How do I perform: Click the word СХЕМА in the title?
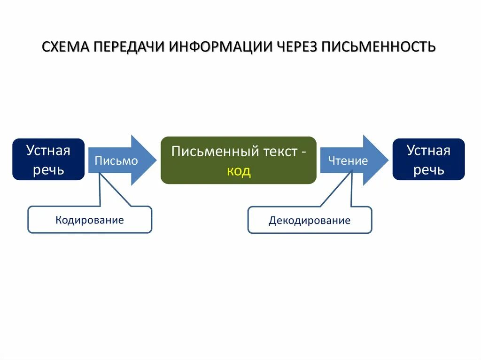(66, 47)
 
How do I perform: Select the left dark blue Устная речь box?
(48, 160)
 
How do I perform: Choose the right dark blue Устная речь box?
(428, 160)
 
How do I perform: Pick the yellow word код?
(239, 171)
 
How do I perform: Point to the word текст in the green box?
(280, 151)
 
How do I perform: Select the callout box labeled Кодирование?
(90, 220)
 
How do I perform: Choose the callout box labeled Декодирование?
(310, 220)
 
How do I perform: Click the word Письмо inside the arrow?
(116, 161)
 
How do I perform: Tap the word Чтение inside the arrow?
(348, 161)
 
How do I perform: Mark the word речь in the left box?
(48, 169)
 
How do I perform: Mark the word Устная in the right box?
(428, 150)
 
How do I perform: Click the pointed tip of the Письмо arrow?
(155, 160)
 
